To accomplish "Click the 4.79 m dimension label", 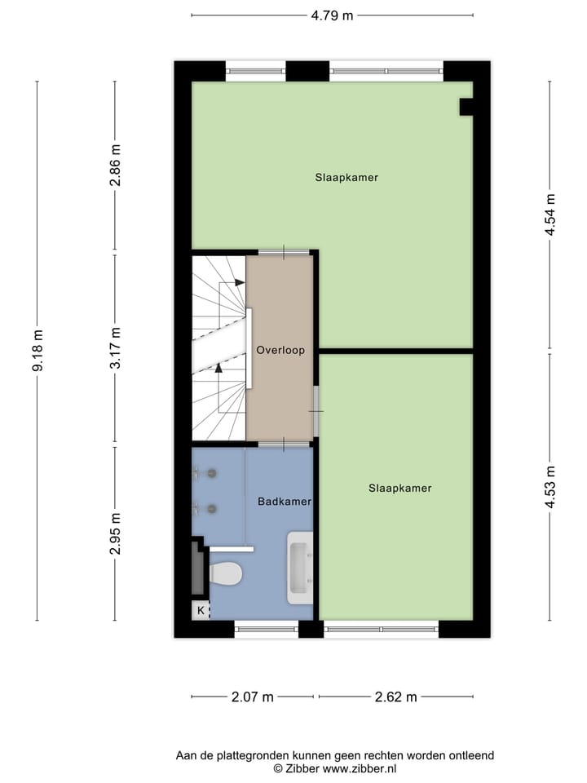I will tap(333, 15).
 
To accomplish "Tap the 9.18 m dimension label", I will tap(38, 351).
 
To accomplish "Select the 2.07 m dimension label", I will tap(252, 697).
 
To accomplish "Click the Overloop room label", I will tap(280, 351).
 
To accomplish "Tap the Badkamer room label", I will tap(285, 502).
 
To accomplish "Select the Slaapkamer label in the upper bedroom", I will tap(346, 177).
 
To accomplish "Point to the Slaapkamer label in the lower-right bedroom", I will tap(399, 489).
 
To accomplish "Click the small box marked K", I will tap(201, 609).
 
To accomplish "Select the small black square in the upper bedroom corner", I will tap(466, 106).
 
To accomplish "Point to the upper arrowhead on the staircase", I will tap(240, 282).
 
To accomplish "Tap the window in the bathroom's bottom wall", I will tap(266, 629).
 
